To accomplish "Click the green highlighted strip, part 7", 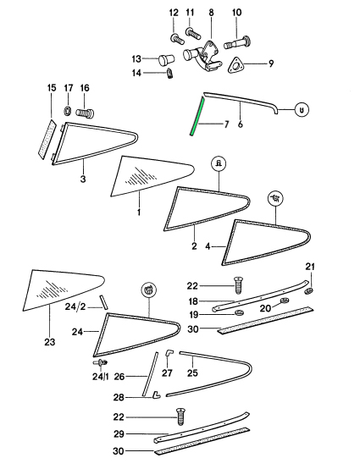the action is click(197, 116).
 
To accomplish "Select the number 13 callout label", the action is click(136, 58).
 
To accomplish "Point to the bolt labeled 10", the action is click(237, 43).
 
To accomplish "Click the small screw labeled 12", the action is click(177, 39).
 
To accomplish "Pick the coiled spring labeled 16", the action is click(86, 113).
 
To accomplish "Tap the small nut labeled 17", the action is click(68, 110).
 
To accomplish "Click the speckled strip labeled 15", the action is click(47, 137).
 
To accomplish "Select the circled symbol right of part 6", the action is click(302, 110).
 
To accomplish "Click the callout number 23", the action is click(50, 341).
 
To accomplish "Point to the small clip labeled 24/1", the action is click(100, 363).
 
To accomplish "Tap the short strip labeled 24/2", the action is click(104, 302).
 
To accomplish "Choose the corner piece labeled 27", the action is click(169, 354).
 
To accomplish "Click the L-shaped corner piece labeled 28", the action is click(156, 395).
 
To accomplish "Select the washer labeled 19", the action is click(239, 313).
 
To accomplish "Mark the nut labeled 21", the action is click(309, 290).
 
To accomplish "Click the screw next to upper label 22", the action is click(238, 285).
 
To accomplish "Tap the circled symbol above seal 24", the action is click(148, 290).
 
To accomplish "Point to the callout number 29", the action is click(119, 434).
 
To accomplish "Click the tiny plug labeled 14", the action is click(169, 74).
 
